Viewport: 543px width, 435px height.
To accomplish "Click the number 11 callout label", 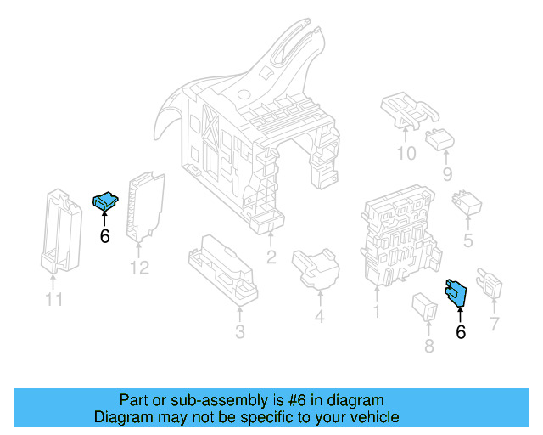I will [x=53, y=299].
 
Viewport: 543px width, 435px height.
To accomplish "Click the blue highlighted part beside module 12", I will [x=104, y=201].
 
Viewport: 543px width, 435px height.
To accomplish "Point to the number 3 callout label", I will [x=239, y=330].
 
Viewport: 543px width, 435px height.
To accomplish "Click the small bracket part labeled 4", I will [x=316, y=268].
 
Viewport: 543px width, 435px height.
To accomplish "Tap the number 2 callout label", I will [x=271, y=257].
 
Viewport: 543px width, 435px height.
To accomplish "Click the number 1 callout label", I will [x=376, y=311].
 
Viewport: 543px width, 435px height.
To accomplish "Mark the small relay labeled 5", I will [x=467, y=204].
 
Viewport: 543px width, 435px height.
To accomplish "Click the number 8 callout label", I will [x=428, y=345].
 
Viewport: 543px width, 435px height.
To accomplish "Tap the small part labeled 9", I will [x=440, y=138].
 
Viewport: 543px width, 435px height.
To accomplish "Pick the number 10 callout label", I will [x=406, y=154].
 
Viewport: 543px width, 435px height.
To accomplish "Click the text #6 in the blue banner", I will [x=293, y=399].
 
